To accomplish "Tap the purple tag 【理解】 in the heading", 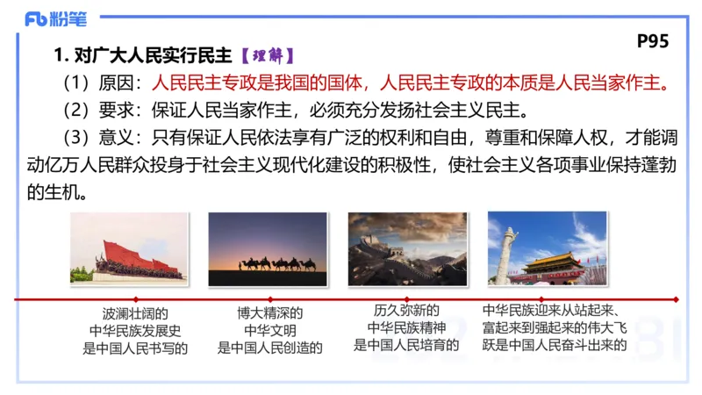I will click(268, 57).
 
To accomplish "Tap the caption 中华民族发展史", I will click(135, 330).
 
